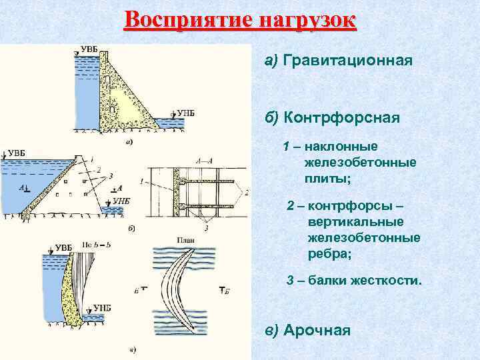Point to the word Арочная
pos(317,330)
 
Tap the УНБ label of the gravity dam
pos(185,113)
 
